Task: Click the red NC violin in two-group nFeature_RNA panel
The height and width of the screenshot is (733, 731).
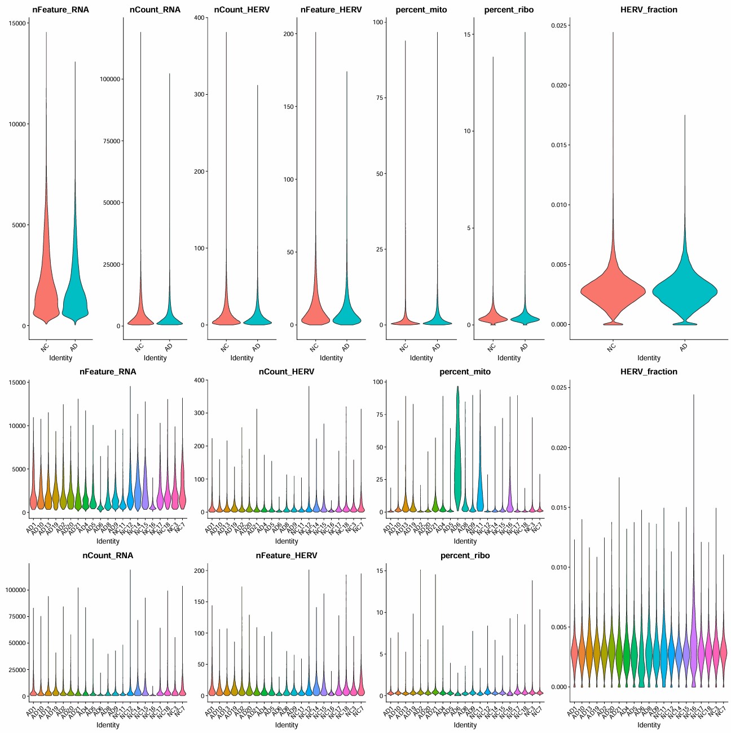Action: (45, 293)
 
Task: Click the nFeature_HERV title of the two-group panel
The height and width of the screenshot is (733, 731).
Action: (331, 10)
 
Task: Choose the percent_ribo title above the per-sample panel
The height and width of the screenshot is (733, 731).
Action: (465, 555)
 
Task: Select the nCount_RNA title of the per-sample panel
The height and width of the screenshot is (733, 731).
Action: (108, 555)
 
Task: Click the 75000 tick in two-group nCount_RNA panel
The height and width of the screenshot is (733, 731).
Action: (110, 141)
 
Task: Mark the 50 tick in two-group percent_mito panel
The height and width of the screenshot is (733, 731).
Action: (380, 174)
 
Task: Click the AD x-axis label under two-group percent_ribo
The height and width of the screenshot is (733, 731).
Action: (524, 347)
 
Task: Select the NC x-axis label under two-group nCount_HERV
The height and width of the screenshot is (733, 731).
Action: (224, 347)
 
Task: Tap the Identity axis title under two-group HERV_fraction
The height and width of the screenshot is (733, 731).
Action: (649, 358)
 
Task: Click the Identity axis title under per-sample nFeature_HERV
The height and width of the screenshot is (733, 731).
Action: (287, 725)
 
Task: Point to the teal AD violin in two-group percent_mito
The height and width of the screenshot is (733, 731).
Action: (437, 321)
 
